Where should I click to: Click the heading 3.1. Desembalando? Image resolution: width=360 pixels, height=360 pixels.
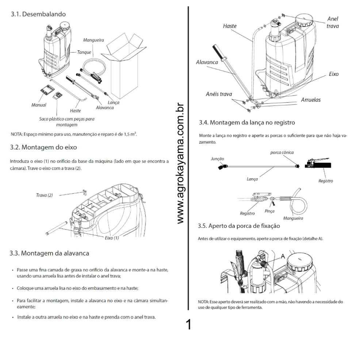click(x=38, y=15)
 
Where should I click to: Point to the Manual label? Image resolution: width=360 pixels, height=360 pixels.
click(x=39, y=105)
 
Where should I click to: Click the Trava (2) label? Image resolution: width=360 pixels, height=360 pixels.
click(x=44, y=195)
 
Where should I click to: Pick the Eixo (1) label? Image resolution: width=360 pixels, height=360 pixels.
click(x=112, y=238)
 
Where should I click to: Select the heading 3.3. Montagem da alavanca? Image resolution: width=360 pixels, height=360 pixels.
click(x=49, y=253)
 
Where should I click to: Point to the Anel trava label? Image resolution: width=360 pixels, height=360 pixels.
click(x=333, y=22)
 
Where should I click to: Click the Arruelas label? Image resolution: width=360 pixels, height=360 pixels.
click(x=311, y=100)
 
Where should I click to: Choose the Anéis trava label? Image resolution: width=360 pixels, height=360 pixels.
click(x=219, y=94)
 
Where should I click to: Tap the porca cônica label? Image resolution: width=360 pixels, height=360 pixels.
click(x=282, y=152)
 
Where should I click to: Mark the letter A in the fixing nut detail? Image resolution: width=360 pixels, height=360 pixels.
click(x=283, y=257)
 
